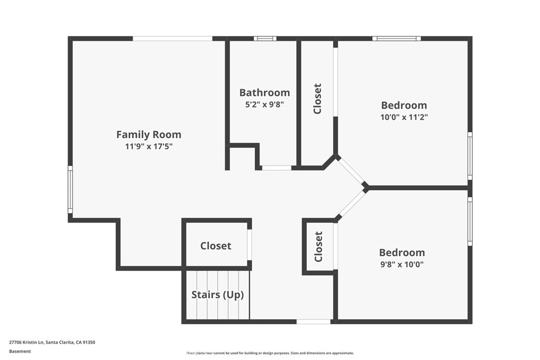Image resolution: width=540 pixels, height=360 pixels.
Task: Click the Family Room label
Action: click(x=148, y=134)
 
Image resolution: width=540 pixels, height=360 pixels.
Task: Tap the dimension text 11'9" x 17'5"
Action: click(x=148, y=147)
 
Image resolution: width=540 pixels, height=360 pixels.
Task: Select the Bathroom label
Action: click(x=264, y=93)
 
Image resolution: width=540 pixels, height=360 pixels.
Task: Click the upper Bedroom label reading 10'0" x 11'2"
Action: click(x=404, y=105)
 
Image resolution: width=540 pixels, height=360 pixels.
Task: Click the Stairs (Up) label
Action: click(x=217, y=295)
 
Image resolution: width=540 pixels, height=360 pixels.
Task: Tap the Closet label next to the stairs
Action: click(x=216, y=246)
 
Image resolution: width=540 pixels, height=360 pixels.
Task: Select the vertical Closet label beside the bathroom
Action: click(x=317, y=99)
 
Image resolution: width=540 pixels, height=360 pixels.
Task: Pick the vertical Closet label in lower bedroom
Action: click(x=319, y=247)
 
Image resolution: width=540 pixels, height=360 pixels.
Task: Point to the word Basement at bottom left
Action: click(x=20, y=351)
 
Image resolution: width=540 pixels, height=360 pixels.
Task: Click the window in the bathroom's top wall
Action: click(x=265, y=38)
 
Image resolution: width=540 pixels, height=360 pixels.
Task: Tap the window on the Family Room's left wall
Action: click(x=70, y=190)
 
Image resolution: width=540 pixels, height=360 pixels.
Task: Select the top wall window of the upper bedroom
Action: click(x=397, y=38)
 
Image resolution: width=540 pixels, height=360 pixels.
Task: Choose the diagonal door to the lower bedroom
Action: click(x=351, y=203)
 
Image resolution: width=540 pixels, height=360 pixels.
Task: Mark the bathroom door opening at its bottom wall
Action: click(x=276, y=168)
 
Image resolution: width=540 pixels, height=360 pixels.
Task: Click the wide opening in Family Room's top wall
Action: click(x=172, y=38)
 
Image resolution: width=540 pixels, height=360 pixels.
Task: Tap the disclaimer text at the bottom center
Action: click(x=270, y=353)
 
